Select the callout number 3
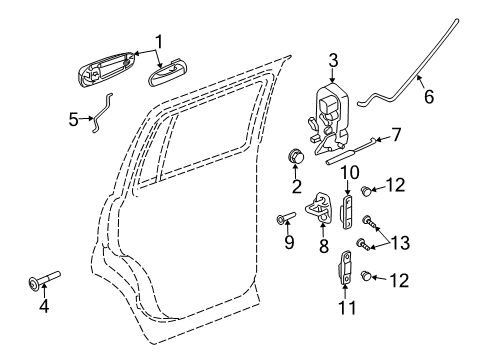(x=333, y=59)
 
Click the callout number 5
(x=73, y=118)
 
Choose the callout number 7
(x=396, y=133)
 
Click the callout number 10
(x=350, y=172)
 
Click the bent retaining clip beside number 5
(x=98, y=111)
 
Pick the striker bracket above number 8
(x=324, y=206)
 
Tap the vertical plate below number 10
(x=349, y=211)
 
